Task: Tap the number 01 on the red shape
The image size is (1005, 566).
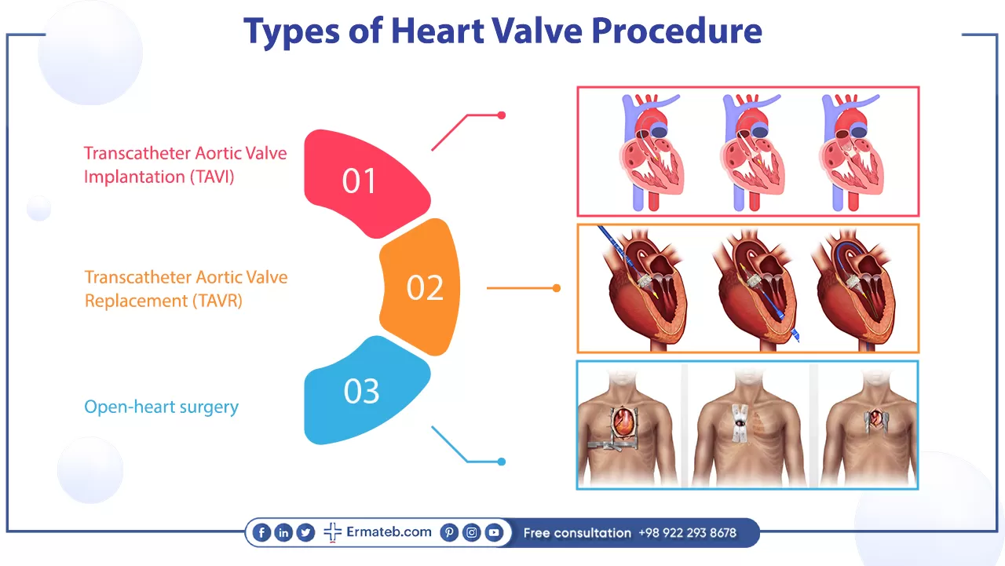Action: pyautogui.click(x=359, y=181)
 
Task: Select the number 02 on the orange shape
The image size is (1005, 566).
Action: pyautogui.click(x=425, y=287)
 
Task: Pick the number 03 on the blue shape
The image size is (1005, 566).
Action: pyautogui.click(x=362, y=391)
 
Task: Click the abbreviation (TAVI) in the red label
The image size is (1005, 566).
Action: pyautogui.click(x=212, y=177)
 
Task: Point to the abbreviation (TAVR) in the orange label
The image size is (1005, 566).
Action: pyautogui.click(x=217, y=301)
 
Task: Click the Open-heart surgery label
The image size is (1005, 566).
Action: pyautogui.click(x=162, y=407)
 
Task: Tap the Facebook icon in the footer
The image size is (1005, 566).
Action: pyautogui.click(x=261, y=532)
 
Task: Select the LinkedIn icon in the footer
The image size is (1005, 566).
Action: pyautogui.click(x=283, y=532)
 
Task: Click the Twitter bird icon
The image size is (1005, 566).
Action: pyautogui.click(x=305, y=532)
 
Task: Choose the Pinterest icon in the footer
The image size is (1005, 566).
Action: pyautogui.click(x=449, y=532)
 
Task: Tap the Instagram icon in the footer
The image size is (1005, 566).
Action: pyautogui.click(x=472, y=532)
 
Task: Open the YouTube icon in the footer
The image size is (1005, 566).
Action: pyautogui.click(x=494, y=532)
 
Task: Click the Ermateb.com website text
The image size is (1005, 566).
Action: pyautogui.click(x=389, y=532)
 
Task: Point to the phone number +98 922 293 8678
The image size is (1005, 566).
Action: pyautogui.click(x=687, y=533)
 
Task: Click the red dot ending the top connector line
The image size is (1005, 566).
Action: pyautogui.click(x=502, y=115)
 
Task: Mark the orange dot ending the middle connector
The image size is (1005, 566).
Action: pyautogui.click(x=557, y=288)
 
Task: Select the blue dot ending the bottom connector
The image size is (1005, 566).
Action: pyautogui.click(x=502, y=462)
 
